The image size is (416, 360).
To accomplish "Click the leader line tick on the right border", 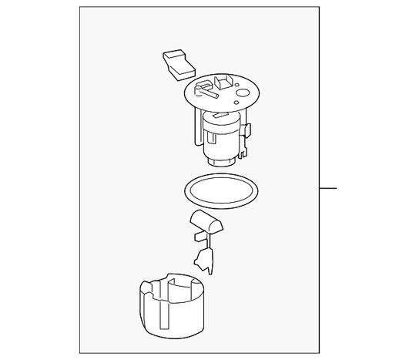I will [x=329, y=187].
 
